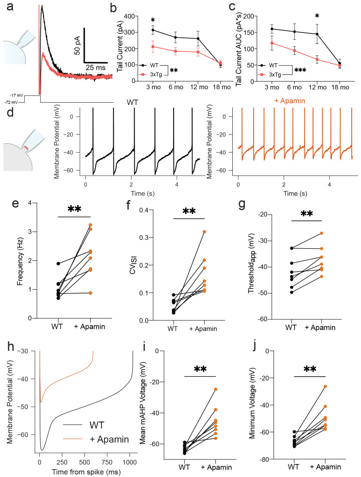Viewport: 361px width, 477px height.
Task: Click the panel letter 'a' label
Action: pyautogui.click(x=10, y=6)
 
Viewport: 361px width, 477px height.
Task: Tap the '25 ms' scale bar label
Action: pyautogui.click(x=96, y=67)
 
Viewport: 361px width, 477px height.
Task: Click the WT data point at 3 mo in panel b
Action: pyautogui.click(x=153, y=30)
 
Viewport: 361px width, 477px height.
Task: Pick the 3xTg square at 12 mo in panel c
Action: pyautogui.click(x=317, y=59)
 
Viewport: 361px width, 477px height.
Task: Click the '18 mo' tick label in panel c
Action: pyautogui.click(x=340, y=87)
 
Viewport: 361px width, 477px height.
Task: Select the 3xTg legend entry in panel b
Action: pyautogui.click(x=151, y=74)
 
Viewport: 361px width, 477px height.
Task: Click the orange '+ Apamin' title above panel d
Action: pyautogui.click(x=290, y=101)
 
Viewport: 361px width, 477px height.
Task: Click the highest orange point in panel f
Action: pyautogui.click(x=204, y=232)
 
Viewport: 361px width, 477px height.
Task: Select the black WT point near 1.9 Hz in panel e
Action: pyautogui.click(x=58, y=263)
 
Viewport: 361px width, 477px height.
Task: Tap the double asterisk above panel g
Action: pyautogui.click(x=306, y=214)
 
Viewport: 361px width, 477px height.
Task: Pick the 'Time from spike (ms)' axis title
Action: pyautogui.click(x=86, y=472)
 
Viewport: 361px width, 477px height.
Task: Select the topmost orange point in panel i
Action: pyautogui.click(x=216, y=389)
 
